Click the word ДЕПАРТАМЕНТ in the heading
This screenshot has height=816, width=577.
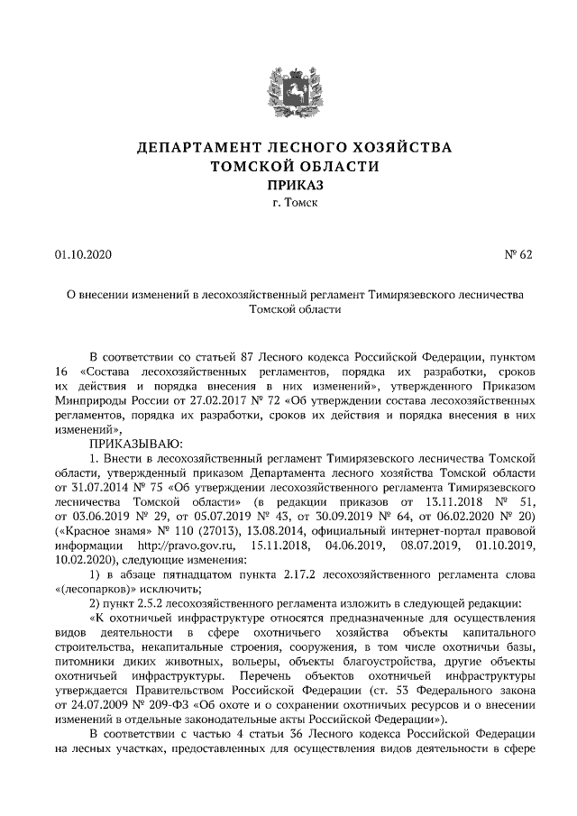pyautogui.click(x=190, y=147)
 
